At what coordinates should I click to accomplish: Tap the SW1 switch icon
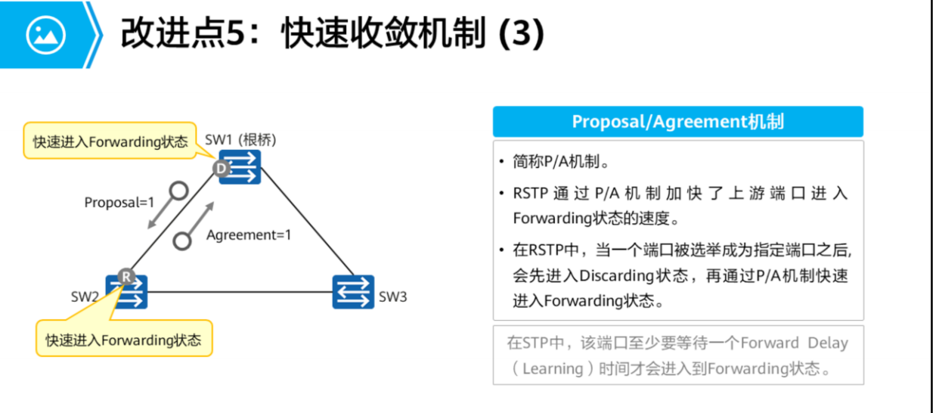[x=240, y=167]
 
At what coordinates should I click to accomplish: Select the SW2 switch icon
[x=128, y=291]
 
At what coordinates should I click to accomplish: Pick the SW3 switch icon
[x=353, y=292]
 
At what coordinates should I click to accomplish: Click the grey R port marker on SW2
[x=126, y=278]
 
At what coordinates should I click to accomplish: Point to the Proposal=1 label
[x=119, y=203]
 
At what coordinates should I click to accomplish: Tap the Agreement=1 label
[x=249, y=234]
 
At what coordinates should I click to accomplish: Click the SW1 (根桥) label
[x=240, y=140]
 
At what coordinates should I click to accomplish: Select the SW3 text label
[x=392, y=297]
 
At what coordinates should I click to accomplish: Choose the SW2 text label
[x=85, y=297]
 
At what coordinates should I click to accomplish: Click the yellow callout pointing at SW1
[x=110, y=141]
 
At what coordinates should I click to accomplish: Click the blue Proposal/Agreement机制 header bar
[x=677, y=122]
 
